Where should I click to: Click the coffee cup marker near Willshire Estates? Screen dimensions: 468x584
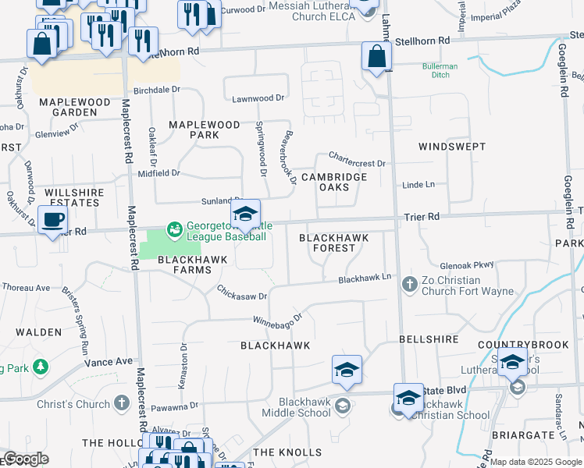[x=52, y=221]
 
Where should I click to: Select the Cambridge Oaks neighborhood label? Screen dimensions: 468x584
[x=334, y=182]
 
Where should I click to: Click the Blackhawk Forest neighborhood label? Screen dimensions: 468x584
[x=333, y=242]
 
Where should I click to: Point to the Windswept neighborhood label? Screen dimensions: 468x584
[x=452, y=147]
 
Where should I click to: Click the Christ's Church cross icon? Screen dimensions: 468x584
[x=121, y=403]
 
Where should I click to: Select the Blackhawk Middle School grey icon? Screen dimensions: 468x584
[x=342, y=405]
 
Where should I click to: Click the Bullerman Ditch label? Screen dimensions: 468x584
[x=440, y=71]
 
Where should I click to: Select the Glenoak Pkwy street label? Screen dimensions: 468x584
[x=467, y=264]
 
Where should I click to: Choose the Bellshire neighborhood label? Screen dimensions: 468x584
[x=426, y=340]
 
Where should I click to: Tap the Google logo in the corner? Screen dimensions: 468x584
[x=26, y=459]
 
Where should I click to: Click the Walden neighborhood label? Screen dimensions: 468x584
[x=38, y=332]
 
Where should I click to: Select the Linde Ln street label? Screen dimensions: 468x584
[x=418, y=184]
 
